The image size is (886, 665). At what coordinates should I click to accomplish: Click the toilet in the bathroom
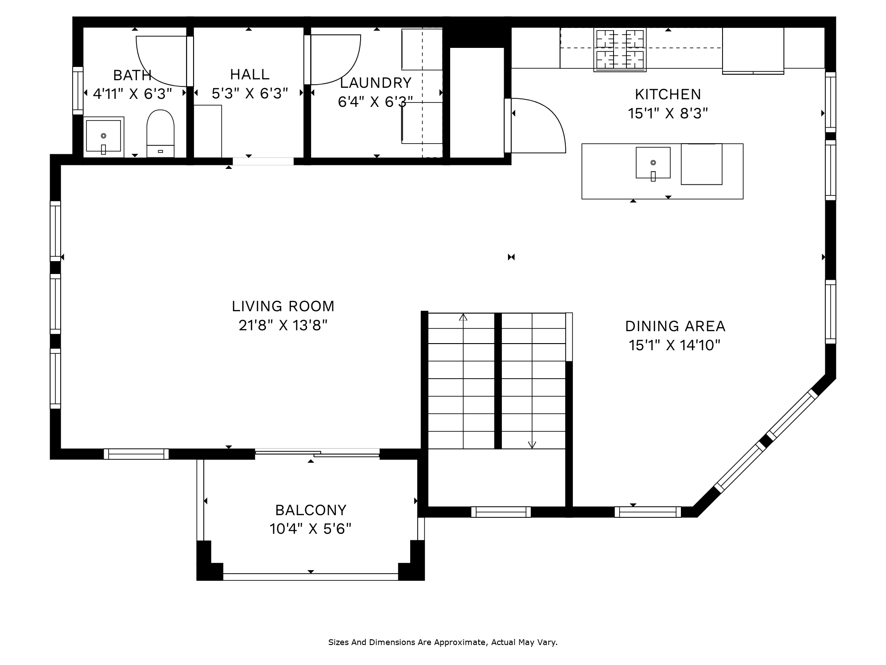click(x=160, y=133)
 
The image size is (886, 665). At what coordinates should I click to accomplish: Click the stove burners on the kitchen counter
click(x=620, y=50)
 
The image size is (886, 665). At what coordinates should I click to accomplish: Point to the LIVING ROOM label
click(x=283, y=306)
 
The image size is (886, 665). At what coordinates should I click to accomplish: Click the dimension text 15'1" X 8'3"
click(x=668, y=114)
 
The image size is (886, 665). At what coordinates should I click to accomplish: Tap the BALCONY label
click(x=311, y=510)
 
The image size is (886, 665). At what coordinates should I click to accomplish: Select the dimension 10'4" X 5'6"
click(x=311, y=529)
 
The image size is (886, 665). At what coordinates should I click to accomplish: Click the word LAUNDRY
click(x=376, y=83)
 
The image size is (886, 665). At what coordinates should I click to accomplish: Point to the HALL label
click(x=250, y=74)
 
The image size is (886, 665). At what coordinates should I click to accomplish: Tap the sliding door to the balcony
click(x=317, y=453)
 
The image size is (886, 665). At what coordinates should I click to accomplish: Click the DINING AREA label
click(x=675, y=326)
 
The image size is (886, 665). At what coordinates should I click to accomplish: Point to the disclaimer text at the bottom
click(x=443, y=642)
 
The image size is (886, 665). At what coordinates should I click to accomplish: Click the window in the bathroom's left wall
click(x=78, y=90)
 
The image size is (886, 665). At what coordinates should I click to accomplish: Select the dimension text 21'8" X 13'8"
click(x=283, y=326)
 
